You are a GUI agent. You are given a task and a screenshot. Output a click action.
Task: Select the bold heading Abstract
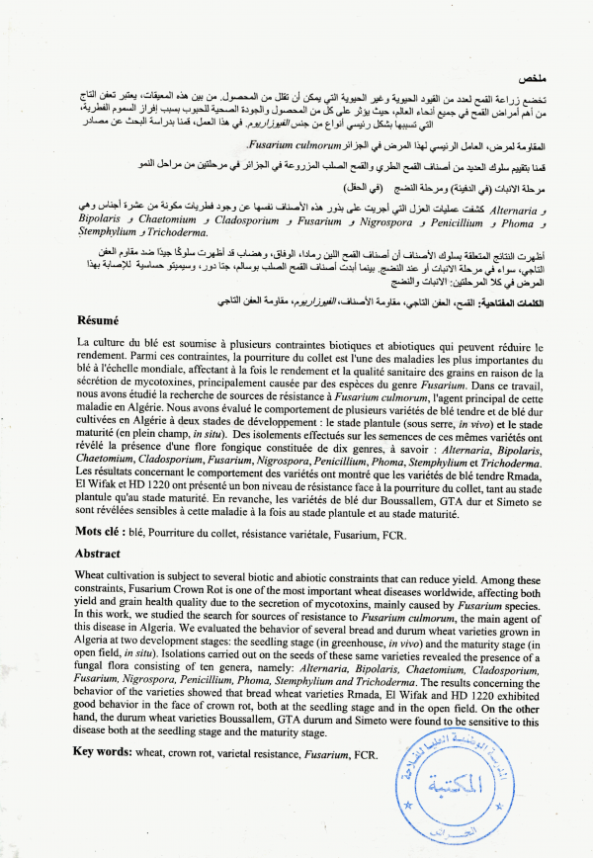coord(98,554)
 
